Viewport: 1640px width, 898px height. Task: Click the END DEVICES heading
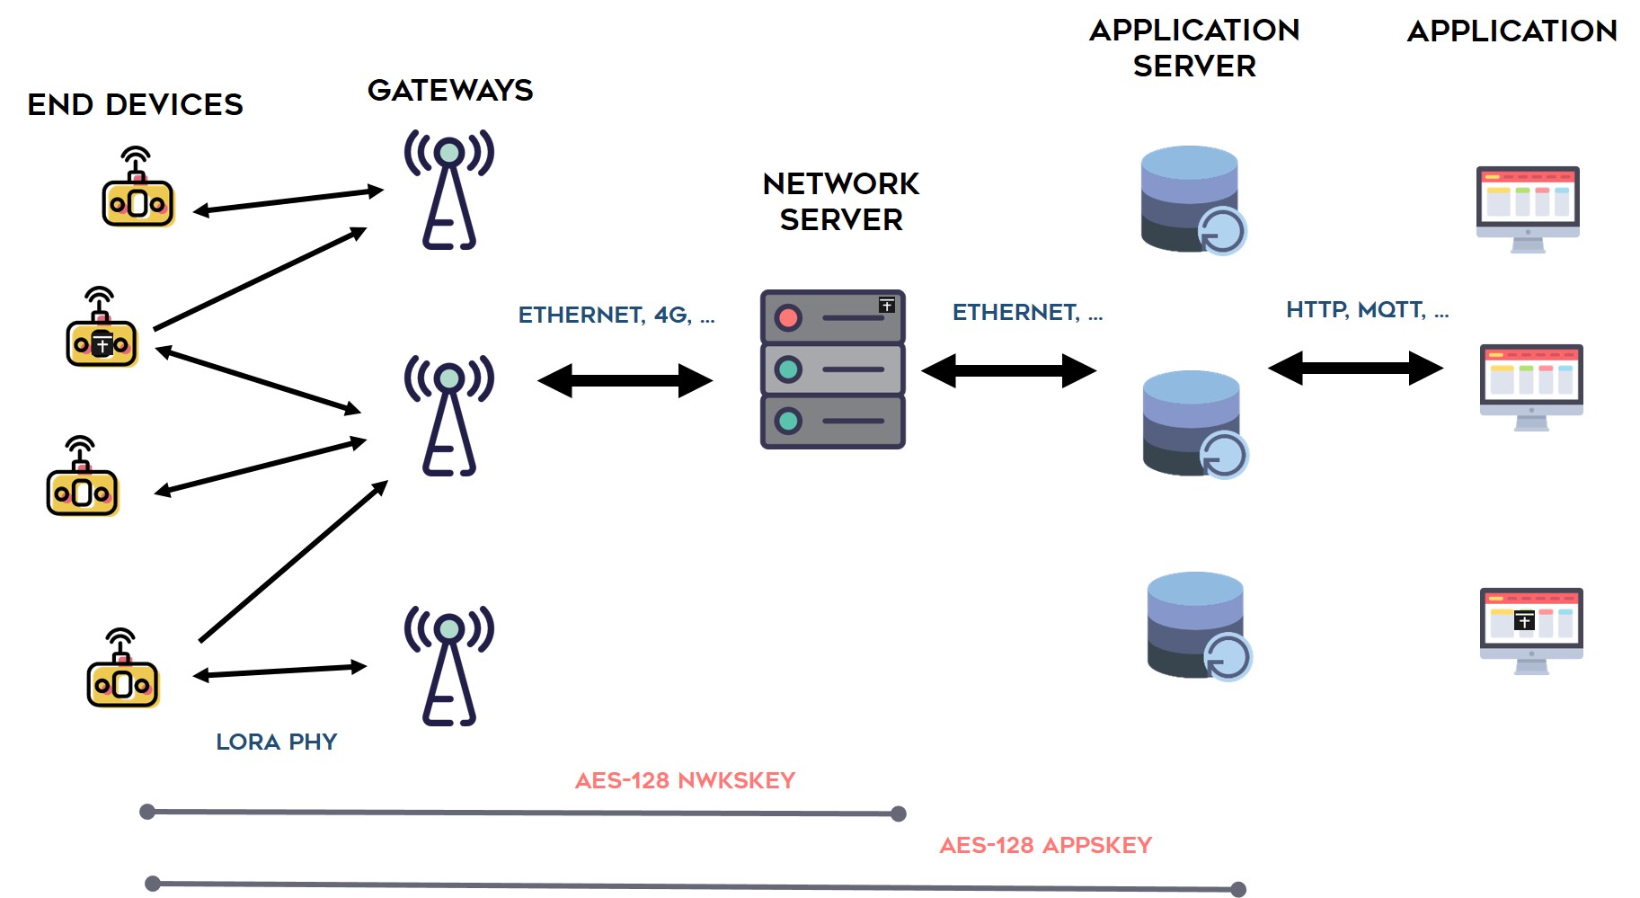[135, 104]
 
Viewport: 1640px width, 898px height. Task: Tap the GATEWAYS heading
[450, 90]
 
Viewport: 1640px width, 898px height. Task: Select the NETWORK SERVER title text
[841, 201]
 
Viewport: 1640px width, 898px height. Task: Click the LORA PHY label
[277, 742]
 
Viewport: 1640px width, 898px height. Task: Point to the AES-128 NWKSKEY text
[685, 780]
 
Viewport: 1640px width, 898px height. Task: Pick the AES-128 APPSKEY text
[1045, 845]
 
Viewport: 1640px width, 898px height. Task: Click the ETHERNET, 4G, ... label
[616, 315]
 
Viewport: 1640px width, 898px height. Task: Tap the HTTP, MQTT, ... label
[1367, 310]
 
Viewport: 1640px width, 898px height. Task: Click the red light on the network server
[789, 317]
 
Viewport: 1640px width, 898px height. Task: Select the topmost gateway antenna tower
[449, 189]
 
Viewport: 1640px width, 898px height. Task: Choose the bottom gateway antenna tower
[449, 665]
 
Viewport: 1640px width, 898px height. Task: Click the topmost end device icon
[137, 187]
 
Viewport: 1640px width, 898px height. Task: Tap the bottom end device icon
[123, 668]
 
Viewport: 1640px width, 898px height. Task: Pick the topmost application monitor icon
[1528, 209]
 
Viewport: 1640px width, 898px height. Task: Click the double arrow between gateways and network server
[625, 380]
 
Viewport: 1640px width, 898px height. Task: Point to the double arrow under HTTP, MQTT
[1356, 368]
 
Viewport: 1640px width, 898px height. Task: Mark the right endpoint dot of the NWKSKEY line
[899, 814]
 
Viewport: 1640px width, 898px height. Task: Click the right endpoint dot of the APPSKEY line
[1238, 889]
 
